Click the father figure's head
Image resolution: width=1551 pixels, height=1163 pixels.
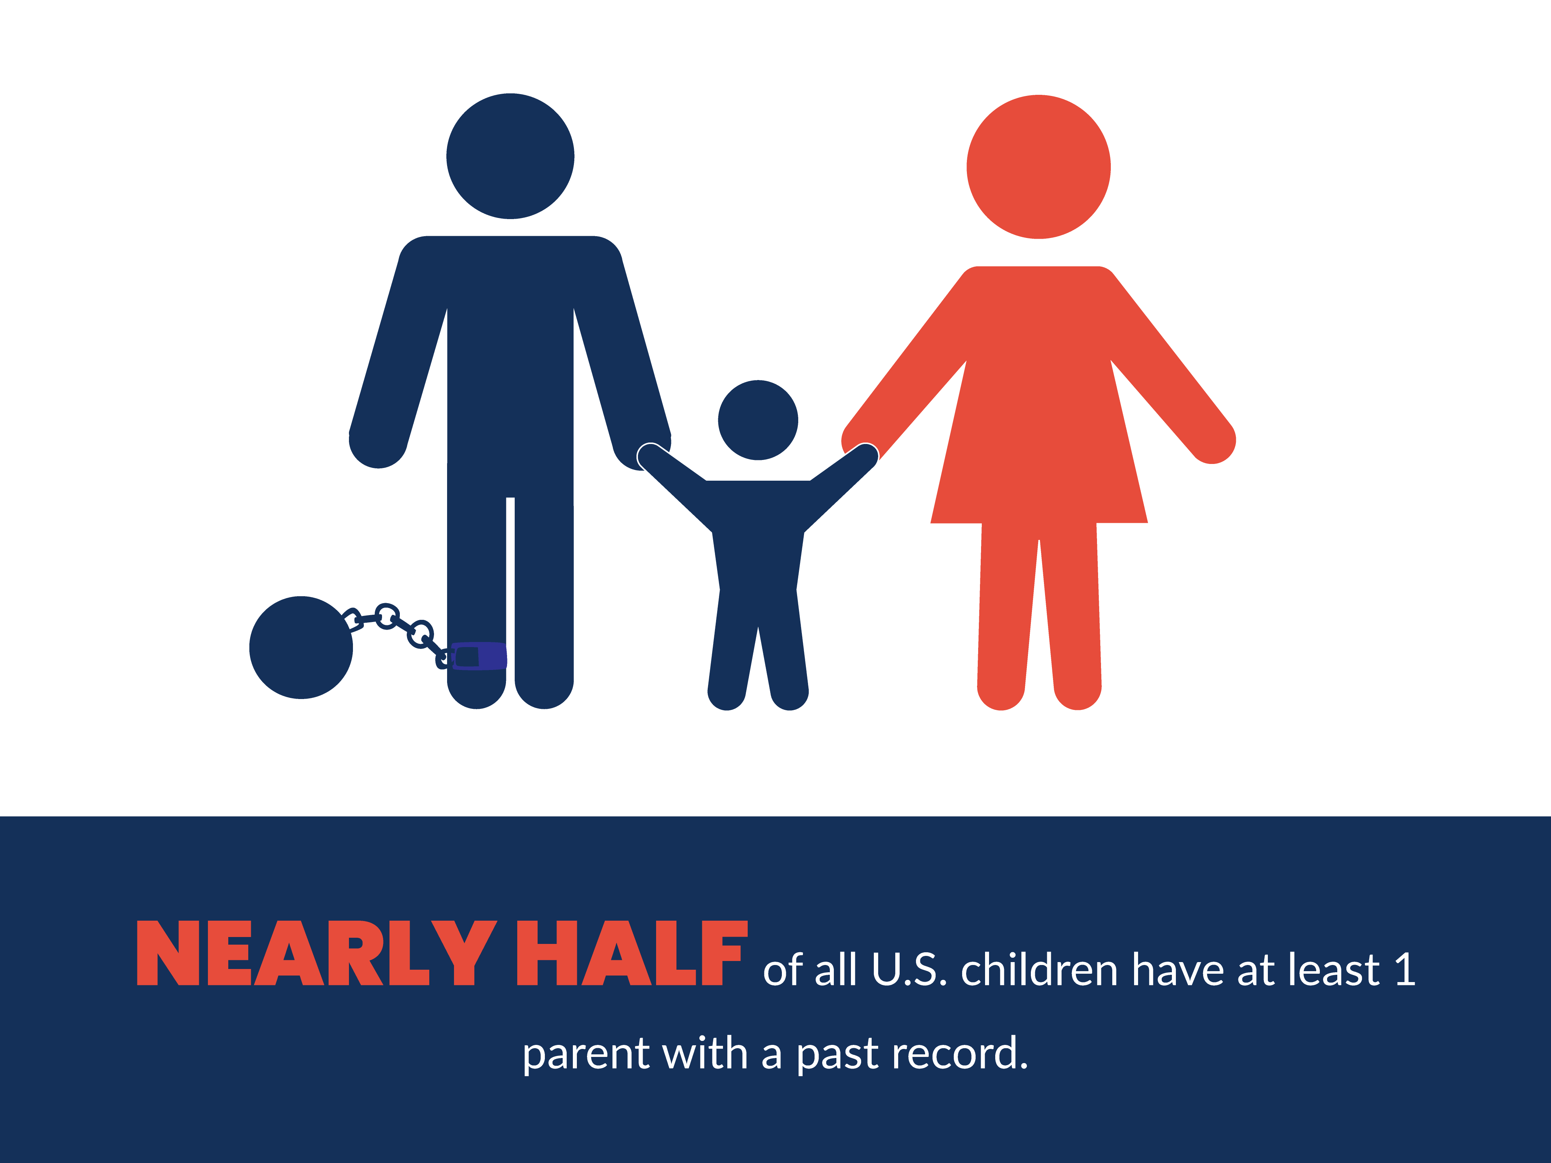(510, 156)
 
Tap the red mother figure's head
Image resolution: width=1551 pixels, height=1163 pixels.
(1038, 167)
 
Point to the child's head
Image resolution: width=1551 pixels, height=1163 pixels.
(758, 420)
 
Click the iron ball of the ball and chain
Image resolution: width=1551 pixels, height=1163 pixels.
(301, 647)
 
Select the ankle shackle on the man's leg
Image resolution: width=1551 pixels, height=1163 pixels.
(479, 656)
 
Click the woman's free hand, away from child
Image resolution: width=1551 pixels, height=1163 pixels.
(1212, 440)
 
